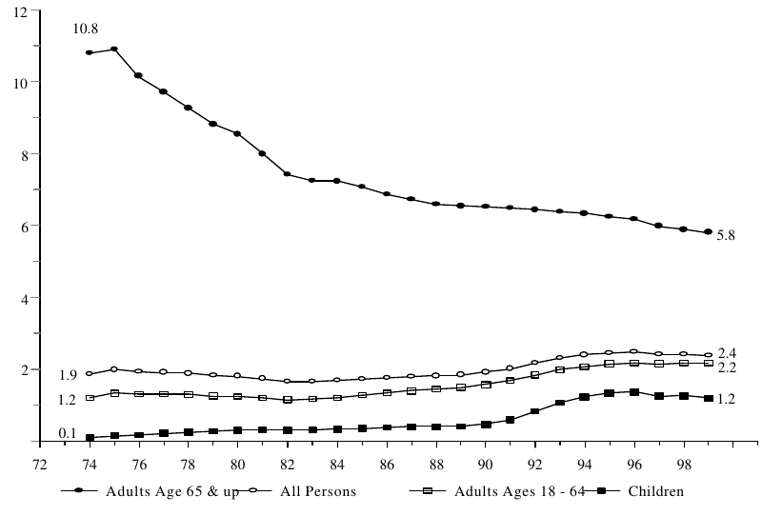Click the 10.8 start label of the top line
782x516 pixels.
tap(87, 30)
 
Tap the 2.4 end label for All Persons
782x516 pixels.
tap(728, 353)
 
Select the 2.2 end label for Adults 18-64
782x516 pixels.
tap(728, 367)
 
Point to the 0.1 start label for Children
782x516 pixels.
tap(68, 434)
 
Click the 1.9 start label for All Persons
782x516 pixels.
tap(68, 374)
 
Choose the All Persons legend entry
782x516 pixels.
tap(309, 491)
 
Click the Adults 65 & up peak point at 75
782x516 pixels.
tap(114, 49)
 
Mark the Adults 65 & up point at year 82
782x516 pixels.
tap(287, 174)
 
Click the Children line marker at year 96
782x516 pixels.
tap(633, 391)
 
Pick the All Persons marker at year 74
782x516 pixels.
tap(90, 373)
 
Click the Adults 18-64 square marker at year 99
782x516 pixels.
tap(708, 364)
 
